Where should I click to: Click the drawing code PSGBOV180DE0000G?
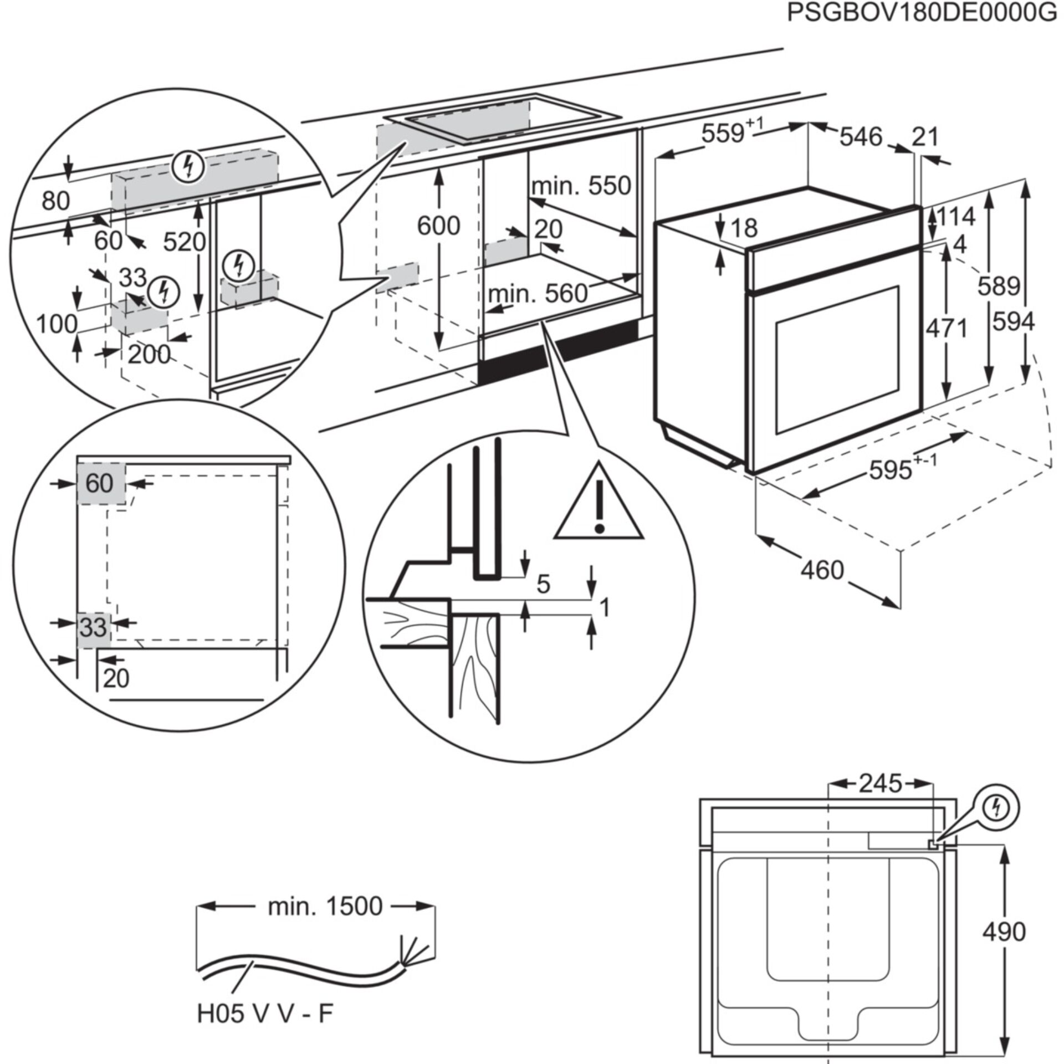[x=922, y=12]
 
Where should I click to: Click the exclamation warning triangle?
[x=598, y=505]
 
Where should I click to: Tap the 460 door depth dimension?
[x=822, y=570]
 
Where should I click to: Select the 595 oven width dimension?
[x=891, y=470]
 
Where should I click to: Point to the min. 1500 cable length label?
[x=325, y=906]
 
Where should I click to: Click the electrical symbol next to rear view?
[x=996, y=809]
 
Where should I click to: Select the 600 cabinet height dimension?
[x=438, y=226]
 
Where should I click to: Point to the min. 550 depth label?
[x=581, y=186]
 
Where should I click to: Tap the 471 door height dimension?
[x=947, y=328]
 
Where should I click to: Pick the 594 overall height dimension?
[x=1013, y=321]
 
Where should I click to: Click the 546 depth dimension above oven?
[x=861, y=136]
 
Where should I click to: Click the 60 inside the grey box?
[x=100, y=484]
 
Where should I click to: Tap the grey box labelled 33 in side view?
[x=93, y=628]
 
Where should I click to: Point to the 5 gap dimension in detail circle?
[x=543, y=584]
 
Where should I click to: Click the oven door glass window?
[x=837, y=360]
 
